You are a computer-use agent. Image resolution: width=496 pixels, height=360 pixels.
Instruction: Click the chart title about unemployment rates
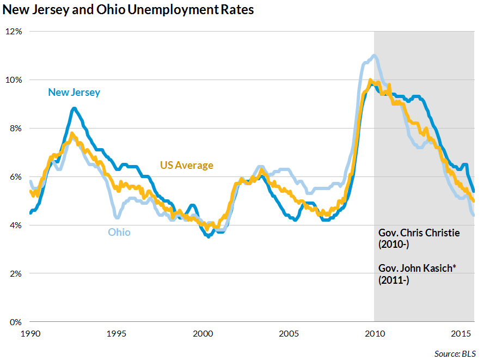(x=128, y=10)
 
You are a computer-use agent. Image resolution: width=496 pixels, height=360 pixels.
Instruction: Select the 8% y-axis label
(x=15, y=128)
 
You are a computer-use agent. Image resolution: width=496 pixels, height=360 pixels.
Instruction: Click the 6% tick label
(x=15, y=176)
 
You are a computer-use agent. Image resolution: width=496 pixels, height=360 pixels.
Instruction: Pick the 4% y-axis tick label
(x=15, y=225)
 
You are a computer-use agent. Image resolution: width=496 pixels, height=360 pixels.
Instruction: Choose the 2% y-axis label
(x=15, y=273)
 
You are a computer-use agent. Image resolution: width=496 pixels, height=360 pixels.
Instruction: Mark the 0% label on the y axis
(x=15, y=322)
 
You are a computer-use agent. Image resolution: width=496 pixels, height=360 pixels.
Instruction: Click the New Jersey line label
(x=74, y=92)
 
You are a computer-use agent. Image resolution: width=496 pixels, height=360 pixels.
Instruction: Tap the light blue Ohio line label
(x=119, y=232)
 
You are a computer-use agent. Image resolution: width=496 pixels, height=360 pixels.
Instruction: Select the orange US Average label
(x=186, y=165)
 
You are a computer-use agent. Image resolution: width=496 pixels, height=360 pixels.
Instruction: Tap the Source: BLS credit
(x=455, y=353)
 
